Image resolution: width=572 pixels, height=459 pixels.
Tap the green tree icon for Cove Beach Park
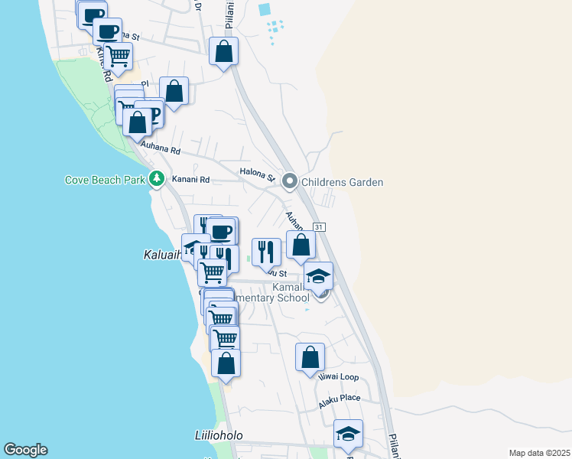point(157,179)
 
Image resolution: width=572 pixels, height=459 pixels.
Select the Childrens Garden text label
point(342,182)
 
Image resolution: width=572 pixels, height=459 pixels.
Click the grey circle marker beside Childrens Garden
point(289,181)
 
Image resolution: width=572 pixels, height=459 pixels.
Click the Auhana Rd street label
point(159,151)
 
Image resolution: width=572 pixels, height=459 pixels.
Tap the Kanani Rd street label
point(194,180)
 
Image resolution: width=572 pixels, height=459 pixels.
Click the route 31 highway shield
point(320,228)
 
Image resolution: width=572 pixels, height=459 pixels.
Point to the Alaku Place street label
point(340,399)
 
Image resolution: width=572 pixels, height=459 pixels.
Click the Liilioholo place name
point(218,435)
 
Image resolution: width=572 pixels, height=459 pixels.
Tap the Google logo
point(25,450)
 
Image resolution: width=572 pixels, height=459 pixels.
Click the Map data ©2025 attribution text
point(538,453)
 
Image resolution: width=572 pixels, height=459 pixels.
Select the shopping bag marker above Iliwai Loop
point(310,356)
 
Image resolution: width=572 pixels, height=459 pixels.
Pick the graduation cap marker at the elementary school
point(318,276)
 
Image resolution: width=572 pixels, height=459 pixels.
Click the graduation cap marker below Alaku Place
point(348,434)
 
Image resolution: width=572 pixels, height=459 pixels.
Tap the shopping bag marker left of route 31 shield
point(301,245)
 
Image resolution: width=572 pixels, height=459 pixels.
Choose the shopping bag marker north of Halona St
point(224,52)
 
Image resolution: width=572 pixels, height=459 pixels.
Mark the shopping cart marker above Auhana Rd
point(118,55)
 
